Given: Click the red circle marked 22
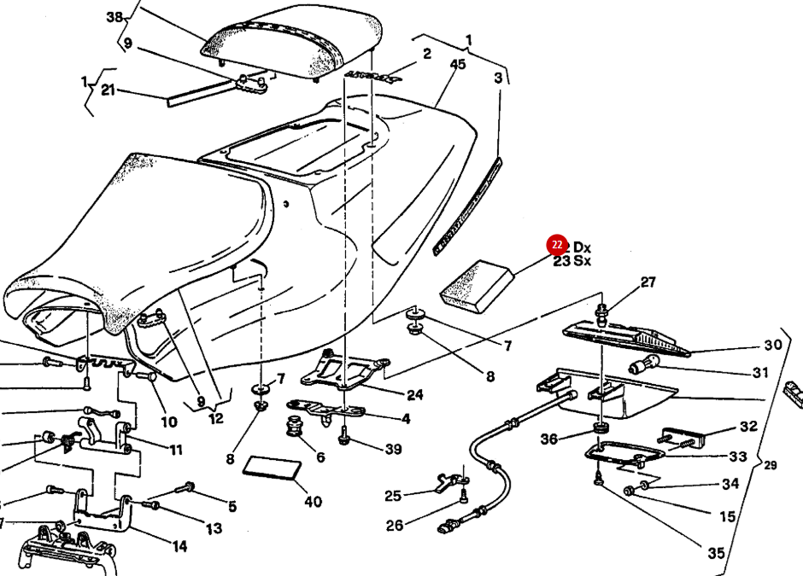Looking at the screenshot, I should click(557, 246).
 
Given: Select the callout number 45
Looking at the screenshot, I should click(458, 65).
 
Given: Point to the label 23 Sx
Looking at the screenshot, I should click(571, 261).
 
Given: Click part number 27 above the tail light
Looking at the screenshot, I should click(648, 282).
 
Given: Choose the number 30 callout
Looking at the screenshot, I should click(772, 346).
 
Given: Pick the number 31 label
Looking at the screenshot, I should click(760, 373).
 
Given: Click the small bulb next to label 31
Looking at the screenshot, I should click(642, 368).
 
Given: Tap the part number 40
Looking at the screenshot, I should click(313, 502).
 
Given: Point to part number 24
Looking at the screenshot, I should click(414, 394).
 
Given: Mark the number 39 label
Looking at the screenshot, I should click(392, 450).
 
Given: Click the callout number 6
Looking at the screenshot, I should click(320, 457).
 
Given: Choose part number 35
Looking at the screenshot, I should click(715, 554).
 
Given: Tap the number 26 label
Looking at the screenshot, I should click(394, 526).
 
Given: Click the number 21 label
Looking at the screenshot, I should click(108, 90).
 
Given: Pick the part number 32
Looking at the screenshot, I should click(748, 427).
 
